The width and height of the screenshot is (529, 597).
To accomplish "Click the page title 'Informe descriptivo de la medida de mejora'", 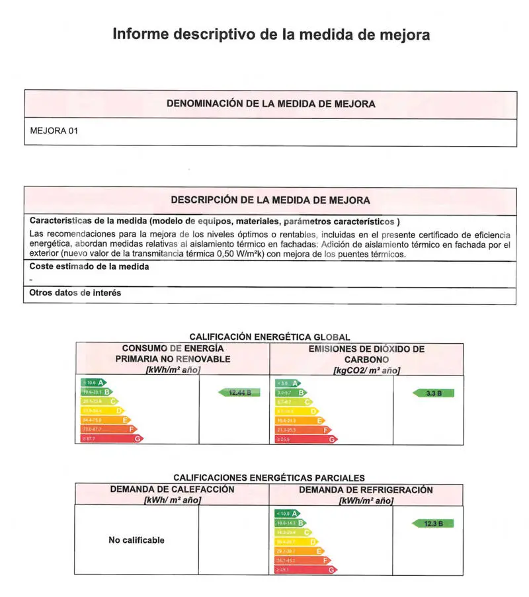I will point(271,34).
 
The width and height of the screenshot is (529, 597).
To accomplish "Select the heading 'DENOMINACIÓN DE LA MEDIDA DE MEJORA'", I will point(270,104).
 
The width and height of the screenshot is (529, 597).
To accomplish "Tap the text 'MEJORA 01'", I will point(54,131).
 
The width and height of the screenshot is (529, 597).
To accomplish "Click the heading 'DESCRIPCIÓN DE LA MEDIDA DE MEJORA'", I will point(270,200).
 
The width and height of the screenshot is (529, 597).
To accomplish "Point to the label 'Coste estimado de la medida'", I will point(89,266).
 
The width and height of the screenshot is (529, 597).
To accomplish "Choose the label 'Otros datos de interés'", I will point(75,292).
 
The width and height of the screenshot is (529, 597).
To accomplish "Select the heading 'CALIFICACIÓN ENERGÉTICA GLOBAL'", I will point(270,337).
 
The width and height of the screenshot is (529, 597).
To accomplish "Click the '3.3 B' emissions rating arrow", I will point(433,393).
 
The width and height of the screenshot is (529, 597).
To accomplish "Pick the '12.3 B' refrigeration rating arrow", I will point(433,524).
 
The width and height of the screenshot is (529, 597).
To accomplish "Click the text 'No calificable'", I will point(136,540).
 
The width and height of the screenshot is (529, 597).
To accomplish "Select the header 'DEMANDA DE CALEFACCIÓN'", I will point(172,490).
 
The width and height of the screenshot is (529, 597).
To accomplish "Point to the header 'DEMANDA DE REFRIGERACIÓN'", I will point(366,490).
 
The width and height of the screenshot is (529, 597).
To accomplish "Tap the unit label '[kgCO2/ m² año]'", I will point(366,370).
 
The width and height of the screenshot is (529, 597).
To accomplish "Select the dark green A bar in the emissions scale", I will point(287,383).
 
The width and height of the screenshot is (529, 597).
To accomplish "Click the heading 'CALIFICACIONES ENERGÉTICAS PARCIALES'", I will point(268,477).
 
